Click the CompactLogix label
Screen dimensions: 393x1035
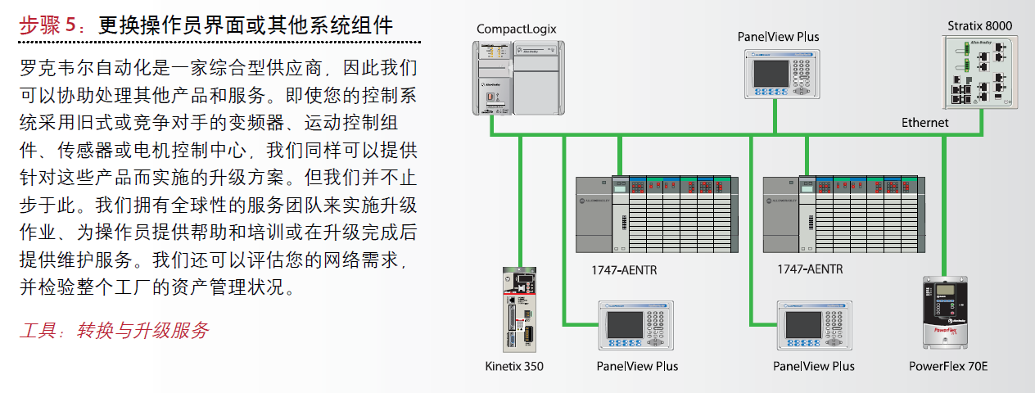(517, 29)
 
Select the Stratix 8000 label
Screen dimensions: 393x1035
(979, 25)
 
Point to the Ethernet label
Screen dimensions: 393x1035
(925, 123)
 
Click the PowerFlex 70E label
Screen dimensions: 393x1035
(948, 366)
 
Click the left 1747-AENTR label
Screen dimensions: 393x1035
(625, 269)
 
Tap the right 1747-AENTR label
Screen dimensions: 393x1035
(810, 269)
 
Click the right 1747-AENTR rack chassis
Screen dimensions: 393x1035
(843, 214)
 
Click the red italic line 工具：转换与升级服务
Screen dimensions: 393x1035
(115, 331)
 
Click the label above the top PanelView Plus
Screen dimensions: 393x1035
(778, 37)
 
